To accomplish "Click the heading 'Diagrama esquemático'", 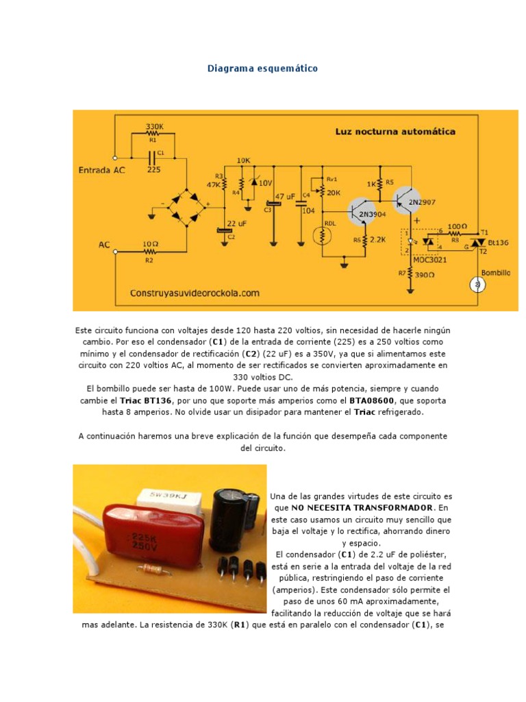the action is pyautogui.click(x=262, y=69).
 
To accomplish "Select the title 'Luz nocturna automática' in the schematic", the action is pyautogui.click(x=394, y=132).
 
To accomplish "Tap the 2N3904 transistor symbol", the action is pyautogui.click(x=361, y=213).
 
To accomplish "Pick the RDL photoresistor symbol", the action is pyautogui.click(x=323, y=237).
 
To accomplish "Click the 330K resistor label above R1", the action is pyautogui.click(x=155, y=127).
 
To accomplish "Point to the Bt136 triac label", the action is pyautogui.click(x=499, y=243).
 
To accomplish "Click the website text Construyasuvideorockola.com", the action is pyautogui.click(x=195, y=293).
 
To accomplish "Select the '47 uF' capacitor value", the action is pyautogui.click(x=285, y=197).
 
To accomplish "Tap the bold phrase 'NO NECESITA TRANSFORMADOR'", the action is pyautogui.click(x=362, y=507).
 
